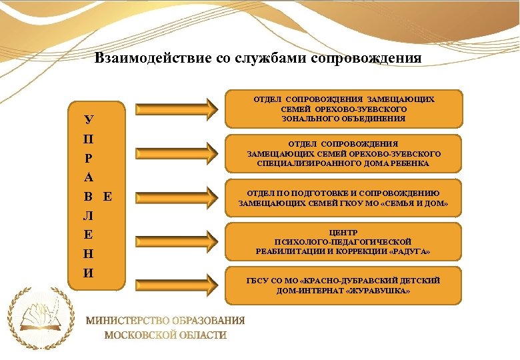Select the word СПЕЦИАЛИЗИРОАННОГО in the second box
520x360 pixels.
coord(297,163)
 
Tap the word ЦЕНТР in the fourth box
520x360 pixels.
coord(343,232)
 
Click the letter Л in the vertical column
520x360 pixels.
coord(89,216)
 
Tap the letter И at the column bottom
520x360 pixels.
coord(89,273)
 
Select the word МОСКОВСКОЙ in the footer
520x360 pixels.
coord(140,335)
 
